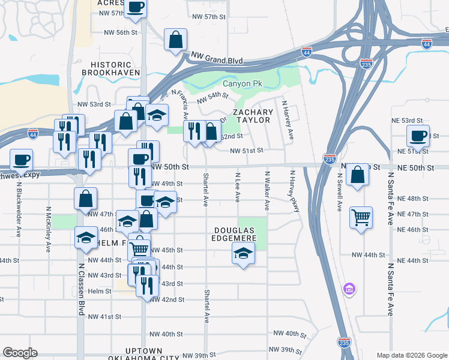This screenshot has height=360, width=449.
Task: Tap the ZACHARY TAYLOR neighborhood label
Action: pyautogui.click(x=253, y=116)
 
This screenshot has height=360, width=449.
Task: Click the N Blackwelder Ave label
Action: pyautogui.click(x=19, y=200)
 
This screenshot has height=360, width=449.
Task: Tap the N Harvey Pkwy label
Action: pyautogui.click(x=294, y=191)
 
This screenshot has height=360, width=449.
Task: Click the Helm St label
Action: pyautogui.click(x=100, y=291)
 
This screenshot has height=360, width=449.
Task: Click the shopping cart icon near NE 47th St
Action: pyautogui.click(x=361, y=217)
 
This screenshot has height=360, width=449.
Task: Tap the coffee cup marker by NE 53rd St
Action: pyautogui.click(x=418, y=135)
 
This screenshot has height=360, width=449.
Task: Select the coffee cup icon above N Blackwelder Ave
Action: pyautogui.click(x=21, y=160)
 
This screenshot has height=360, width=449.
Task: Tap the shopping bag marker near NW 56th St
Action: pyautogui.click(x=176, y=39)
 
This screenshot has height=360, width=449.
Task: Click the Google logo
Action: pyautogui.click(x=20, y=352)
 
